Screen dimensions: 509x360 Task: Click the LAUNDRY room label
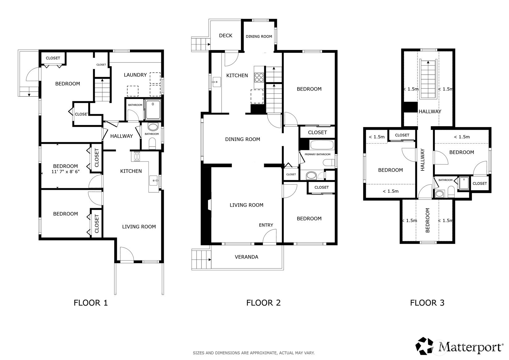(x=135, y=75)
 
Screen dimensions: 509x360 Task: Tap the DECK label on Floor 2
(x=226, y=36)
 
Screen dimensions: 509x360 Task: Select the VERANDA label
(x=246, y=257)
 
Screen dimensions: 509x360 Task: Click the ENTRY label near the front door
(x=266, y=225)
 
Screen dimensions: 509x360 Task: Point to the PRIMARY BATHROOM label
(x=317, y=154)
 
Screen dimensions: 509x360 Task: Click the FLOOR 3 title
(x=427, y=303)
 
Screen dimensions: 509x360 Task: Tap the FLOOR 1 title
(x=91, y=303)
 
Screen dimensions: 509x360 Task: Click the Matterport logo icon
(x=424, y=346)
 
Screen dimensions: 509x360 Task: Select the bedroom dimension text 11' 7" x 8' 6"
(x=66, y=171)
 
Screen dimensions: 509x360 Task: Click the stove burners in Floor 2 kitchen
(x=259, y=77)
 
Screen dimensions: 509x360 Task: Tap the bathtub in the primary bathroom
(x=321, y=145)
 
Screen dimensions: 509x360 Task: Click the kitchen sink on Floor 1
(x=154, y=181)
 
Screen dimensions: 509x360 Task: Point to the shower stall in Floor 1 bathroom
(x=153, y=109)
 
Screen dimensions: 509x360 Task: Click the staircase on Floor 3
(x=428, y=79)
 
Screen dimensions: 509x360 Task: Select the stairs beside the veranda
(x=201, y=259)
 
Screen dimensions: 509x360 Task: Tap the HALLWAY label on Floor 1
(x=121, y=136)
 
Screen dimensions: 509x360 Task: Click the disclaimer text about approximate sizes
(x=254, y=353)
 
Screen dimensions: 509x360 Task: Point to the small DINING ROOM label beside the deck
(x=259, y=36)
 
